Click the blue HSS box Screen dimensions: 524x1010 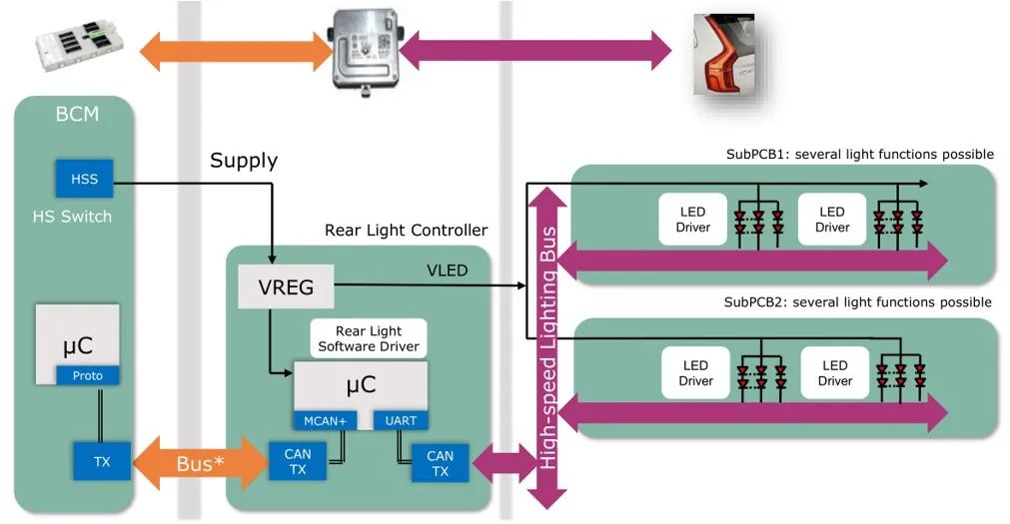84,179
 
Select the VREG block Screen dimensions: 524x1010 286,288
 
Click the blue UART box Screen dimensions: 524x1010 401,421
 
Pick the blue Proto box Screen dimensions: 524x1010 87,376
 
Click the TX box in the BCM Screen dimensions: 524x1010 101,462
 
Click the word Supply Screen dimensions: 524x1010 244,160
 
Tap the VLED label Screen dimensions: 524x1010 446,268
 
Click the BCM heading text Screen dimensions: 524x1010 77,114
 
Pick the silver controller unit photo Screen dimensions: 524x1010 366,46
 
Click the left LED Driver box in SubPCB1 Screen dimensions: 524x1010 693,220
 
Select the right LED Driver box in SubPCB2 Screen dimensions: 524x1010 835,373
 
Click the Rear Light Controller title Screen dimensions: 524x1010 406,231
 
